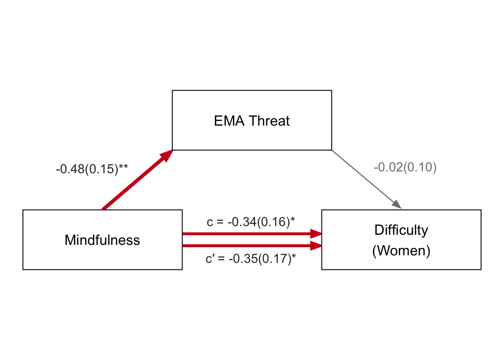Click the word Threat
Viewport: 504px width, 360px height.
[x=269, y=121]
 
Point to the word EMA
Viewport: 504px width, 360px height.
[x=229, y=121]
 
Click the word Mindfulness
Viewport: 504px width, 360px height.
[x=102, y=240]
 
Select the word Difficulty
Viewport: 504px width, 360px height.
[x=401, y=230]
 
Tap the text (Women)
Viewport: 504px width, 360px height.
[x=401, y=250]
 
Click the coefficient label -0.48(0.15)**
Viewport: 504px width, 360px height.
[x=91, y=169]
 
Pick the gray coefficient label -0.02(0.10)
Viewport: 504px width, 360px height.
[x=405, y=167]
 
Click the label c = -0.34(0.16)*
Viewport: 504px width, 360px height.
[x=250, y=222]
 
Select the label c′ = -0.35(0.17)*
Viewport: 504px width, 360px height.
[x=250, y=259]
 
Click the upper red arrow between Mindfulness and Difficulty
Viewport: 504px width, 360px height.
[x=247, y=234]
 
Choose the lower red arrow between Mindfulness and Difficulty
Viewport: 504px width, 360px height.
[x=247, y=246]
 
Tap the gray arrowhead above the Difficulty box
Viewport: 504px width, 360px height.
[x=397, y=204]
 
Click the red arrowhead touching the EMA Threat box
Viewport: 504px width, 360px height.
[x=166, y=155]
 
